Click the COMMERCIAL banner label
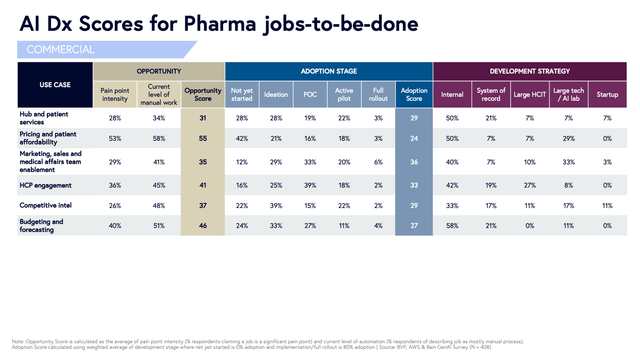(60, 50)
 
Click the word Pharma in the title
(220, 24)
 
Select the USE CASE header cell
(55, 85)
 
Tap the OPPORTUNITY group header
(159, 71)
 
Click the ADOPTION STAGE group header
(329, 71)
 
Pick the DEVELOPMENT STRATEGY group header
(530, 71)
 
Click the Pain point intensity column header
(115, 95)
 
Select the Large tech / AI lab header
(568, 95)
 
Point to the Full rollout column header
(378, 95)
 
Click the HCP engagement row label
(46, 186)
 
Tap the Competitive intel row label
(46, 206)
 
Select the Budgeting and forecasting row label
(41, 226)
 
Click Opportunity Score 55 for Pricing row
(203, 138)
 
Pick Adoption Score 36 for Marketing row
(414, 162)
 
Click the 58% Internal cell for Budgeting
(452, 226)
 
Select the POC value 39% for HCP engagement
(310, 186)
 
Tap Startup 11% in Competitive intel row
(607, 206)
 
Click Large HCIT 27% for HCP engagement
(530, 186)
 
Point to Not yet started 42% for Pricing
(242, 138)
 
